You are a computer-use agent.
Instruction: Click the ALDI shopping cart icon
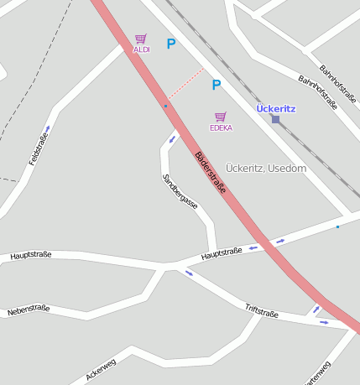click(x=140, y=39)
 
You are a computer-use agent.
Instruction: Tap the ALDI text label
click(x=141, y=50)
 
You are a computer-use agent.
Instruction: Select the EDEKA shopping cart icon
click(x=221, y=117)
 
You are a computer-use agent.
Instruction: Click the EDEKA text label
click(x=221, y=128)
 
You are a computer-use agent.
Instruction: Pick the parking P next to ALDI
click(x=171, y=44)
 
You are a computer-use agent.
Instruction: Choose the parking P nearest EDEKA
click(x=216, y=85)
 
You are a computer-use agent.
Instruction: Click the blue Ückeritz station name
click(x=275, y=108)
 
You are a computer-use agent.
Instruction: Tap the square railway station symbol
click(x=275, y=119)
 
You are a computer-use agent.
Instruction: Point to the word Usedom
click(x=287, y=169)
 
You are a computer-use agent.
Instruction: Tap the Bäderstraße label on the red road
click(x=210, y=174)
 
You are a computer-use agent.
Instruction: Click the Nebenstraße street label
click(x=29, y=310)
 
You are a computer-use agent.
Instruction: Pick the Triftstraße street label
click(x=261, y=311)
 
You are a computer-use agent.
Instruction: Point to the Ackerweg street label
click(x=101, y=369)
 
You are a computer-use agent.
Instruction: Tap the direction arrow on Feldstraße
click(x=48, y=128)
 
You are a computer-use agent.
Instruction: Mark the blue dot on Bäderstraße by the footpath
click(x=165, y=107)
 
